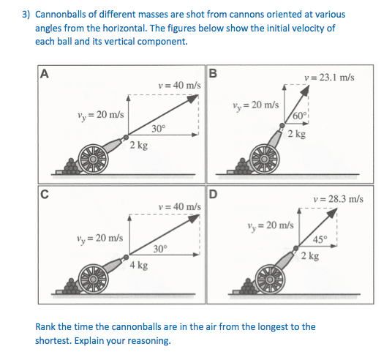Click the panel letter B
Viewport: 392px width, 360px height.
pos(213,73)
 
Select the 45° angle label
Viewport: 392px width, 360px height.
pos(320,240)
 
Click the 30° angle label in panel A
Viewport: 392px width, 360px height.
pos(159,128)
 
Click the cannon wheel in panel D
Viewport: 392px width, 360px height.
pos(269,280)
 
